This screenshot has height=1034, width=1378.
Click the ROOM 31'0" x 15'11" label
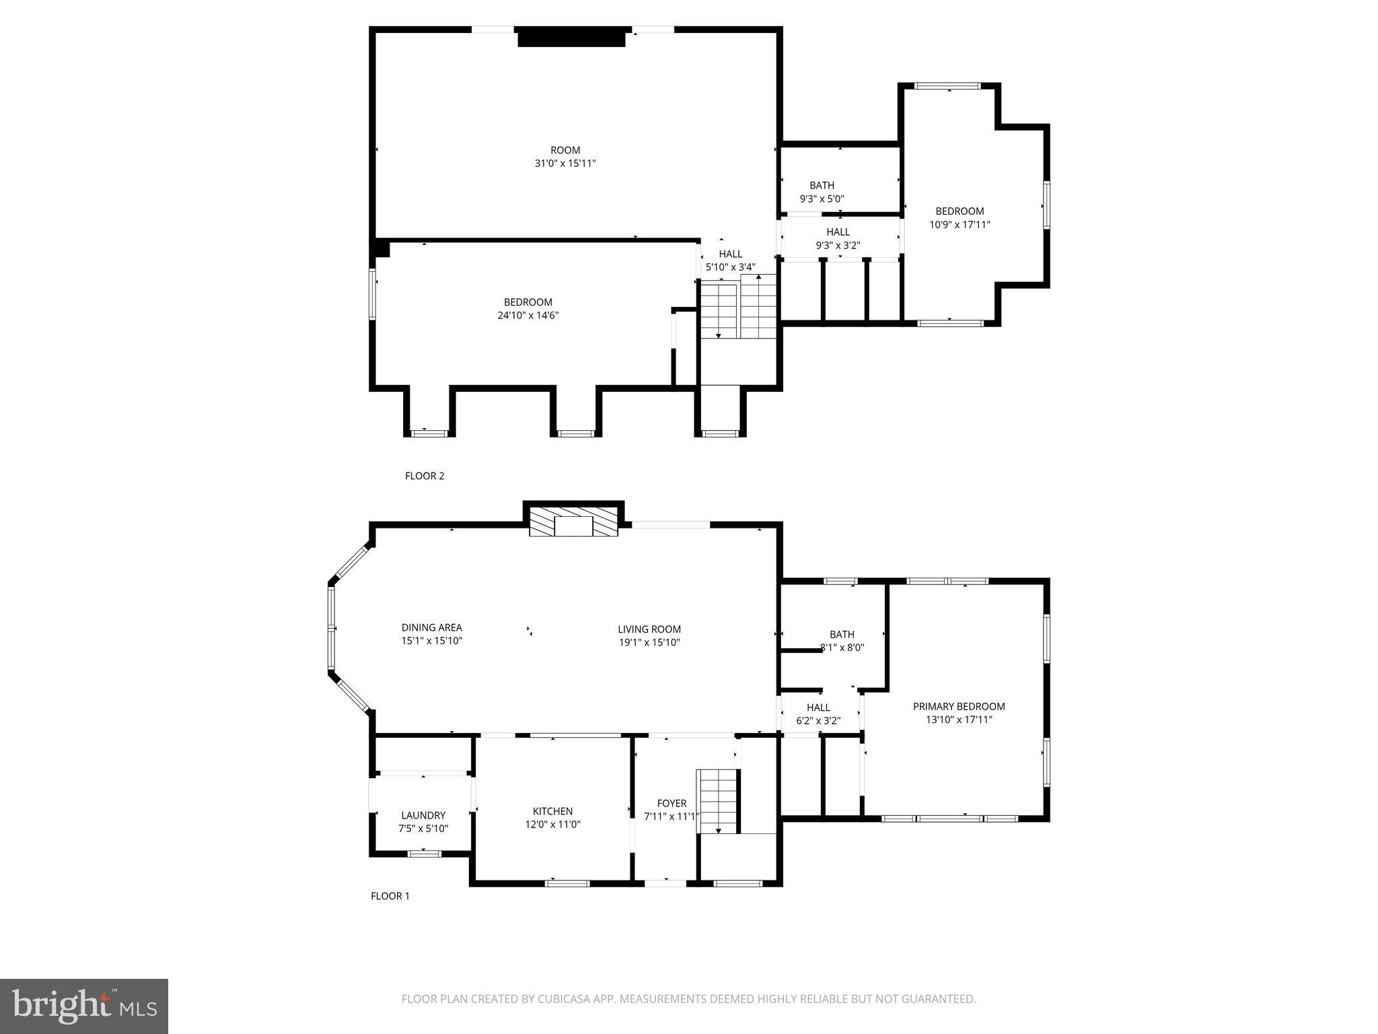[x=565, y=157]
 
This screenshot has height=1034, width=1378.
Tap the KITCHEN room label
[x=552, y=811]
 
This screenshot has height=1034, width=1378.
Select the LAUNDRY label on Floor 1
[x=423, y=815]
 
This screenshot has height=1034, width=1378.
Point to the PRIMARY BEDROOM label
[x=959, y=706]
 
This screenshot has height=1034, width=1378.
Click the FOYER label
[x=672, y=803]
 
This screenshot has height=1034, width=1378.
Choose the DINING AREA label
[x=431, y=627]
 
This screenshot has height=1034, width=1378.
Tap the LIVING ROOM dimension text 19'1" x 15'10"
[x=649, y=642]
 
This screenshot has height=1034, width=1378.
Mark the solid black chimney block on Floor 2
[x=571, y=37]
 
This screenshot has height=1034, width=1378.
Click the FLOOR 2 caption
[x=425, y=476]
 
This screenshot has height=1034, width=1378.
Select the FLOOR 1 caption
[x=390, y=896]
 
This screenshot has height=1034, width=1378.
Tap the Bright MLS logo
[x=84, y=1006]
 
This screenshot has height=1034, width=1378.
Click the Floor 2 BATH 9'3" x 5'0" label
[x=822, y=192]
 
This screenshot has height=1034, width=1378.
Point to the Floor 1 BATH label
[x=842, y=634]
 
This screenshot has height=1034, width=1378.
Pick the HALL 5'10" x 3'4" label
[x=730, y=261]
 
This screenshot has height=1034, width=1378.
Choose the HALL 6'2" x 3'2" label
[x=818, y=714]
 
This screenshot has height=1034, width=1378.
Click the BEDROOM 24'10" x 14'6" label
[x=528, y=308]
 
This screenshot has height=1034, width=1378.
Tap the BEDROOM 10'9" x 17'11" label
[x=959, y=217]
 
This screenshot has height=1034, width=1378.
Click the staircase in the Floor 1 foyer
[x=718, y=801]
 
